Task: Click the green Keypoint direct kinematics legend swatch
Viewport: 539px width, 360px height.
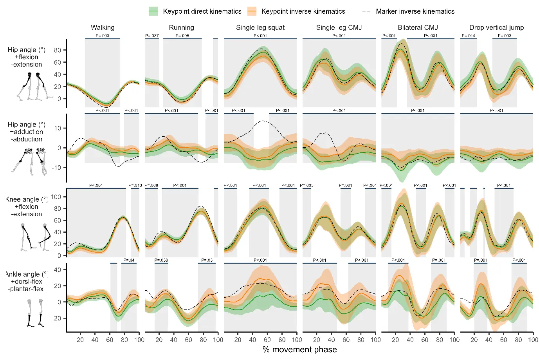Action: pyautogui.click(x=153, y=11)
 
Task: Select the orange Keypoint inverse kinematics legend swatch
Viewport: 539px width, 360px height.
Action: pyautogui.click(x=252, y=11)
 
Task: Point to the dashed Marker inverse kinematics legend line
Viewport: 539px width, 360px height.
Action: pyautogui.click(x=366, y=11)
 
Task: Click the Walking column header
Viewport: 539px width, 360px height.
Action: pyautogui.click(x=103, y=27)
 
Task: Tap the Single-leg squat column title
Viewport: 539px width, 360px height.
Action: pyautogui.click(x=260, y=27)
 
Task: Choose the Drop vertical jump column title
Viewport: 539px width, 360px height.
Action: pyautogui.click(x=496, y=27)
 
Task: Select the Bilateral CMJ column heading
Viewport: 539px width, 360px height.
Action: pyautogui.click(x=418, y=27)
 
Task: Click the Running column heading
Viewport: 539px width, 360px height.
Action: pyautogui.click(x=181, y=27)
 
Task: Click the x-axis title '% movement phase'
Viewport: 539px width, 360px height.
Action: pyautogui.click(x=300, y=349)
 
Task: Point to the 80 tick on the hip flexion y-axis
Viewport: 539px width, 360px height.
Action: pyautogui.click(x=58, y=50)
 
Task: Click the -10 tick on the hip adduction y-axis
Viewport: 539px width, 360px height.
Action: pyautogui.click(x=57, y=168)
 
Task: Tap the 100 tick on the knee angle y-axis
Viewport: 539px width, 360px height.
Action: pyautogui.click(x=56, y=197)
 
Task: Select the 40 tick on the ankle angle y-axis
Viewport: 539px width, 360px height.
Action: pyautogui.click(x=57, y=270)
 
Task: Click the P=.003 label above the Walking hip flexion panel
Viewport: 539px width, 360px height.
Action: pyautogui.click(x=103, y=36)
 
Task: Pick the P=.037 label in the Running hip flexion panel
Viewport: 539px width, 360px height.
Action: pyautogui.click(x=152, y=36)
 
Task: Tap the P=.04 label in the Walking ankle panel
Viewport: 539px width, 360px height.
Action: pyautogui.click(x=129, y=260)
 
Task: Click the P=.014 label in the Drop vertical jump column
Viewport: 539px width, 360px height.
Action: pyautogui.click(x=468, y=36)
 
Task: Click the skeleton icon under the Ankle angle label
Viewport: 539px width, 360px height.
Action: pyautogui.click(x=35, y=313)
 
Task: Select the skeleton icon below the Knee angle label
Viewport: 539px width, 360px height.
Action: pyautogui.click(x=35, y=237)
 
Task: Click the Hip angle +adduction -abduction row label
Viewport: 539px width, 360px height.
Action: pyautogui.click(x=27, y=132)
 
